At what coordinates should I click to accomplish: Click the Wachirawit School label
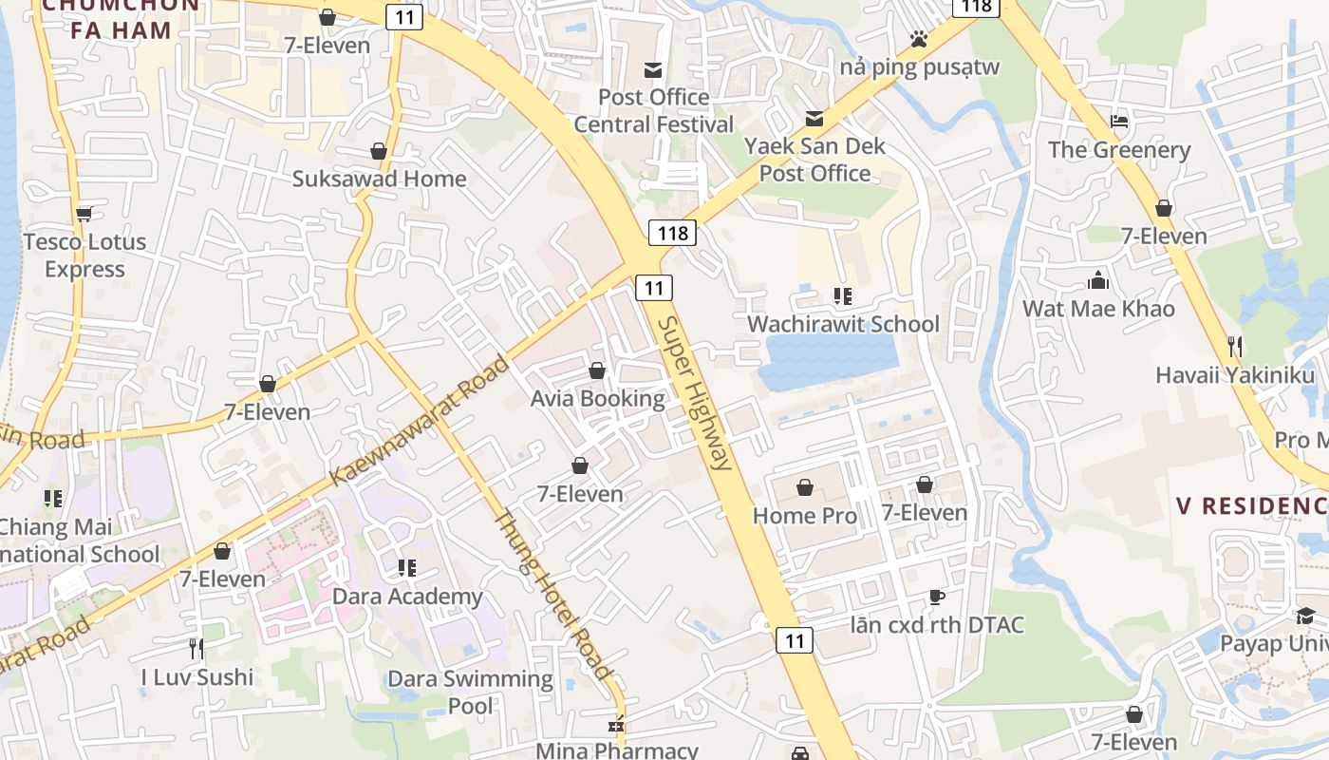tap(843, 324)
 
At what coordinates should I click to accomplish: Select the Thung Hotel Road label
tap(552, 596)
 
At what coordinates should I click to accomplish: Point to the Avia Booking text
tap(597, 398)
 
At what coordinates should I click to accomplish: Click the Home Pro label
tap(804, 516)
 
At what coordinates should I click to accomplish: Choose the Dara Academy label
tap(407, 597)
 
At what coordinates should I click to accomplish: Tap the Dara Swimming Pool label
tap(470, 692)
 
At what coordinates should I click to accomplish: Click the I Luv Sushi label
tap(197, 677)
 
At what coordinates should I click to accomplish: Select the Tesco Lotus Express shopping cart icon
tap(84, 214)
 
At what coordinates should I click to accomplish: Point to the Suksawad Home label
tap(379, 179)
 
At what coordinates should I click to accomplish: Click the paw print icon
tap(918, 39)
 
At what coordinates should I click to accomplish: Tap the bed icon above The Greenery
tap(1119, 122)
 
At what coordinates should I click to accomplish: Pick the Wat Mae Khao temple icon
tap(1098, 280)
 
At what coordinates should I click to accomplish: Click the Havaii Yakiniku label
tap(1234, 374)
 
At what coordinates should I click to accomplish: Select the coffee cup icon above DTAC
tap(937, 597)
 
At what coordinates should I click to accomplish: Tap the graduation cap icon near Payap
tap(1306, 616)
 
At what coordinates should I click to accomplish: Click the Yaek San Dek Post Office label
tap(814, 160)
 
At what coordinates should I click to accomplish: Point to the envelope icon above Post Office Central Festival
tap(653, 69)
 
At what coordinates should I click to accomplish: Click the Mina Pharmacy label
tap(617, 750)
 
